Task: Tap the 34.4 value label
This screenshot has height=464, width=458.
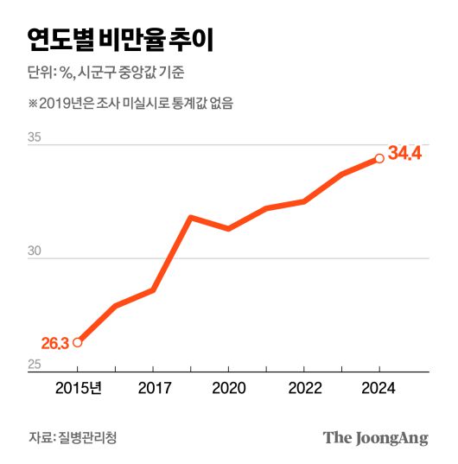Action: [x=404, y=154]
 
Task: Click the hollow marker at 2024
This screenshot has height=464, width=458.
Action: [x=379, y=158]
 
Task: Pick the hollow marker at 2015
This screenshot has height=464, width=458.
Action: [x=77, y=342]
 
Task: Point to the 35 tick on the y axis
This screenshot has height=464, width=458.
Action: [x=35, y=137]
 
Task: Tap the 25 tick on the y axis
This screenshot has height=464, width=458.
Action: [x=35, y=365]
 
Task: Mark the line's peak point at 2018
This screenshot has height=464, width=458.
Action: [x=190, y=217]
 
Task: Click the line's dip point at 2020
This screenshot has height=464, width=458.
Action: [x=228, y=228]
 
